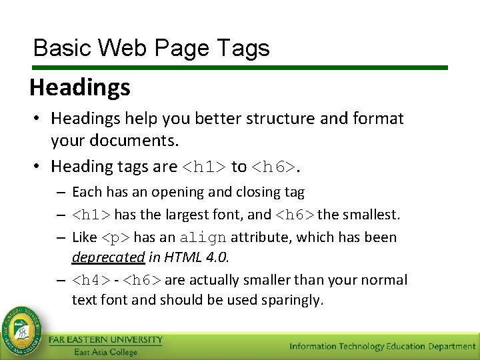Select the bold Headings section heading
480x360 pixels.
(80, 87)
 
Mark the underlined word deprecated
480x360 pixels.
(108, 257)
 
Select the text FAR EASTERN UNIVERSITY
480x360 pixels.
(105, 340)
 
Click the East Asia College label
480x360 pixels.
(105, 352)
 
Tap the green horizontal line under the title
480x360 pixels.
(239, 68)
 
